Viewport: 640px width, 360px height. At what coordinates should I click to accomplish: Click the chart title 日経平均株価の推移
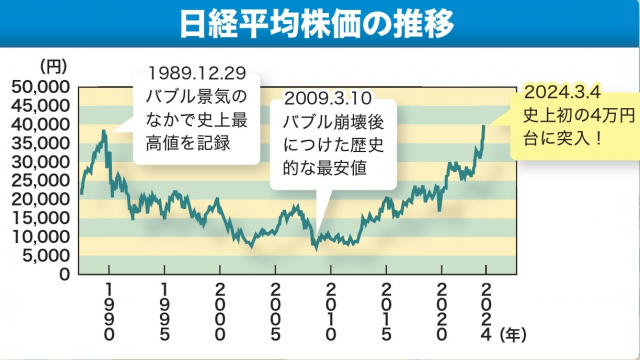coord(319,22)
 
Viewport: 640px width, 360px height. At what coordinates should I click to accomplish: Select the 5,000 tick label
coord(47,255)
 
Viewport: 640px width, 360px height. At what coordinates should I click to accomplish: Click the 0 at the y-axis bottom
coord(63,273)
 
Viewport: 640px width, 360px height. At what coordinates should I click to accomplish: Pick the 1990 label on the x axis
coord(109,310)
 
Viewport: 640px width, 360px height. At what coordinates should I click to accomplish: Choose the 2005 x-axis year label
coord(275,310)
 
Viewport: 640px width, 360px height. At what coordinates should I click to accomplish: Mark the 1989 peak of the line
coord(102,130)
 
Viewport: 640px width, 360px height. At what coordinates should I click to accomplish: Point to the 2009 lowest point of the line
coord(315,246)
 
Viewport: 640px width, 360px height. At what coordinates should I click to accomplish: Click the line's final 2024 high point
coord(485,125)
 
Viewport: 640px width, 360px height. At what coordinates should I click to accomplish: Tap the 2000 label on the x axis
coord(220,310)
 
